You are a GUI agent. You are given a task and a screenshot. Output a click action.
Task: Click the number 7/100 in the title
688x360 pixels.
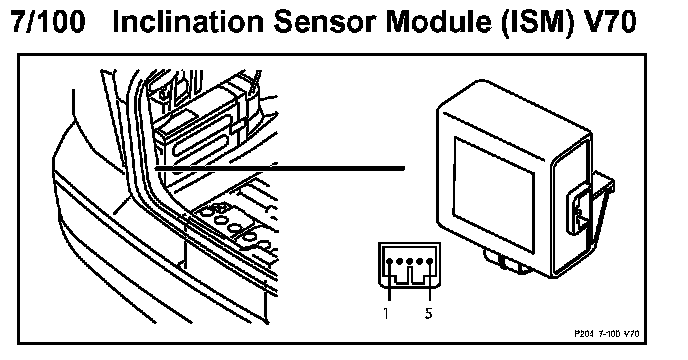tap(47, 22)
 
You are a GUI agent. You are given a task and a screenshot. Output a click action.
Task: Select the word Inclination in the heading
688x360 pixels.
tap(189, 22)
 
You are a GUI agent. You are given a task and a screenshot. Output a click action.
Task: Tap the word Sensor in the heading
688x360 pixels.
tap(326, 22)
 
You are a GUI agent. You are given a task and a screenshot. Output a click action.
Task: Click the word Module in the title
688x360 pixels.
tap(438, 22)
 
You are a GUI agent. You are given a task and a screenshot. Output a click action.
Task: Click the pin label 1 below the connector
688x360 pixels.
tap(385, 313)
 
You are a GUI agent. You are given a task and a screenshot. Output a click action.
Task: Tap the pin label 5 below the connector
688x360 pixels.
tap(429, 313)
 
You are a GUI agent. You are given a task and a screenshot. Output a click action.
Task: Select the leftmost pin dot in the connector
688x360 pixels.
tap(390, 262)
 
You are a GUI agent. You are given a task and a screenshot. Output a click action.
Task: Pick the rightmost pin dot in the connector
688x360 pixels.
tap(430, 262)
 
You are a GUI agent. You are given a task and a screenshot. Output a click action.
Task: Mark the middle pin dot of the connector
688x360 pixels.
tap(410, 262)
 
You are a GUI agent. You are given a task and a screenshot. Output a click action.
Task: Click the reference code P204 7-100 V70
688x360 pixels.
tap(607, 334)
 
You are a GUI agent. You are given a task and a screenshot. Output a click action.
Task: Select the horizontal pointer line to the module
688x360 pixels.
tap(280, 168)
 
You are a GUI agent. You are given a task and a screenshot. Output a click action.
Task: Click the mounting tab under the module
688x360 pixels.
tap(505, 261)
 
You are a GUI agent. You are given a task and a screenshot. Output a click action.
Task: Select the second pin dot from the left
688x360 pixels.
tap(400, 262)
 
